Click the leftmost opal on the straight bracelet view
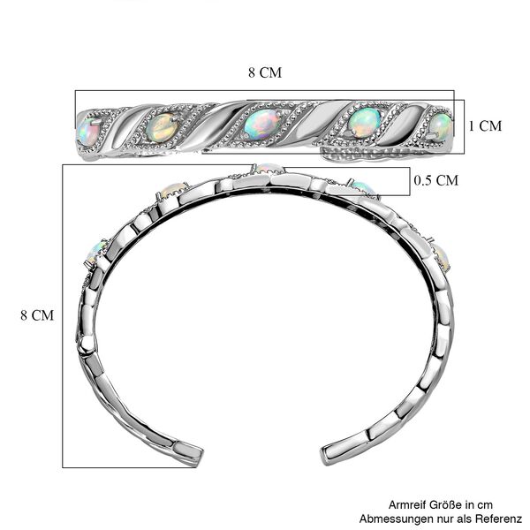pos(87,132)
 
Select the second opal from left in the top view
pos(163,127)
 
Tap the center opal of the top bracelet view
pos(262,124)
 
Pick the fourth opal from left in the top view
pos(364,122)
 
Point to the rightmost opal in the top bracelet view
pos(441,126)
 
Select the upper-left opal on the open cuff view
pos(173,190)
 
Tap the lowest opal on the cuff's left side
pos(95,252)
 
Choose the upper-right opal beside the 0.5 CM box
pos(364,188)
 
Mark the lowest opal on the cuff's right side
pos(443,258)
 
